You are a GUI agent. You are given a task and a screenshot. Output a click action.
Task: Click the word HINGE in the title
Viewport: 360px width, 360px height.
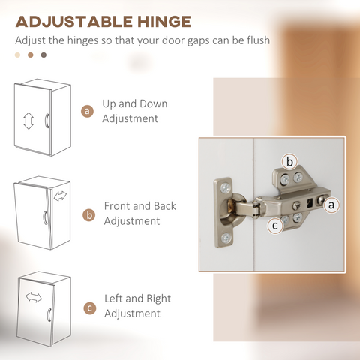(x=164, y=22)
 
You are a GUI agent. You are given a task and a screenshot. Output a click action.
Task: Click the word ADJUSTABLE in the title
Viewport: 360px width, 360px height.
(x=74, y=22)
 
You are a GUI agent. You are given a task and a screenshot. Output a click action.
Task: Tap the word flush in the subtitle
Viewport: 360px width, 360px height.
(x=259, y=40)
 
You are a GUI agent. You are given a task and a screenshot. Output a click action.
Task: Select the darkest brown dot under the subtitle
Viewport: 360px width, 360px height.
(x=43, y=55)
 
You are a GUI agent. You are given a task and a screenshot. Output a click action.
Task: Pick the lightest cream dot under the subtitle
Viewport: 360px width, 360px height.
(x=17, y=55)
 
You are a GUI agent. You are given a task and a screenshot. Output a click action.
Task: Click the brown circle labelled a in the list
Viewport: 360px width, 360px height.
(x=87, y=111)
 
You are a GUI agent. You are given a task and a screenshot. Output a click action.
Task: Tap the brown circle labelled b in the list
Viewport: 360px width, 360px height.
(x=89, y=215)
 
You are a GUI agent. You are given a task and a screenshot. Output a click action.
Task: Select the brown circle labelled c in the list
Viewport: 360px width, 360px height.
(x=90, y=308)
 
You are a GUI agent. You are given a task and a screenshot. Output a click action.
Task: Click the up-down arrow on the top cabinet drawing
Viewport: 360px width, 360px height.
(x=28, y=121)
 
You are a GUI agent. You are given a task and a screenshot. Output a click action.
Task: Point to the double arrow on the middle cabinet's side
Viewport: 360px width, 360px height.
(x=60, y=196)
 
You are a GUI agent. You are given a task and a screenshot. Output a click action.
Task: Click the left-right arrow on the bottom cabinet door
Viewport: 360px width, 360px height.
(x=34, y=297)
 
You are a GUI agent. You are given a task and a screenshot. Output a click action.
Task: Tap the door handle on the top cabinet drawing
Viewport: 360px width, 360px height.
(x=46, y=121)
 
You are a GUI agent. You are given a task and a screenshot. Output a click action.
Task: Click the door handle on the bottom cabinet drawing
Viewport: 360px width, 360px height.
(x=49, y=314)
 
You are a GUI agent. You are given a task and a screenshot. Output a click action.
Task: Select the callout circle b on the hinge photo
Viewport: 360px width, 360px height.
(x=289, y=162)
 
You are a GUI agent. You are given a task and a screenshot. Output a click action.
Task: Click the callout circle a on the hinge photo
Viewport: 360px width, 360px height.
(x=331, y=205)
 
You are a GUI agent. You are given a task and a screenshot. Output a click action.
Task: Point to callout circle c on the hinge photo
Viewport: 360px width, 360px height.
(x=275, y=226)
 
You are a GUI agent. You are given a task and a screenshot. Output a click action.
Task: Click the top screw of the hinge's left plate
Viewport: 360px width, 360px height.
(x=226, y=188)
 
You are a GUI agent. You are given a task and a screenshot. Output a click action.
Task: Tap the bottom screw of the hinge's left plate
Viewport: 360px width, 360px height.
(x=226, y=238)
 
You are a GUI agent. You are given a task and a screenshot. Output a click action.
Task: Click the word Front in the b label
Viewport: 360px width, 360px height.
(x=117, y=206)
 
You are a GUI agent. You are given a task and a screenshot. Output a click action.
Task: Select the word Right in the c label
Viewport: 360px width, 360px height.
(x=158, y=299)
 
